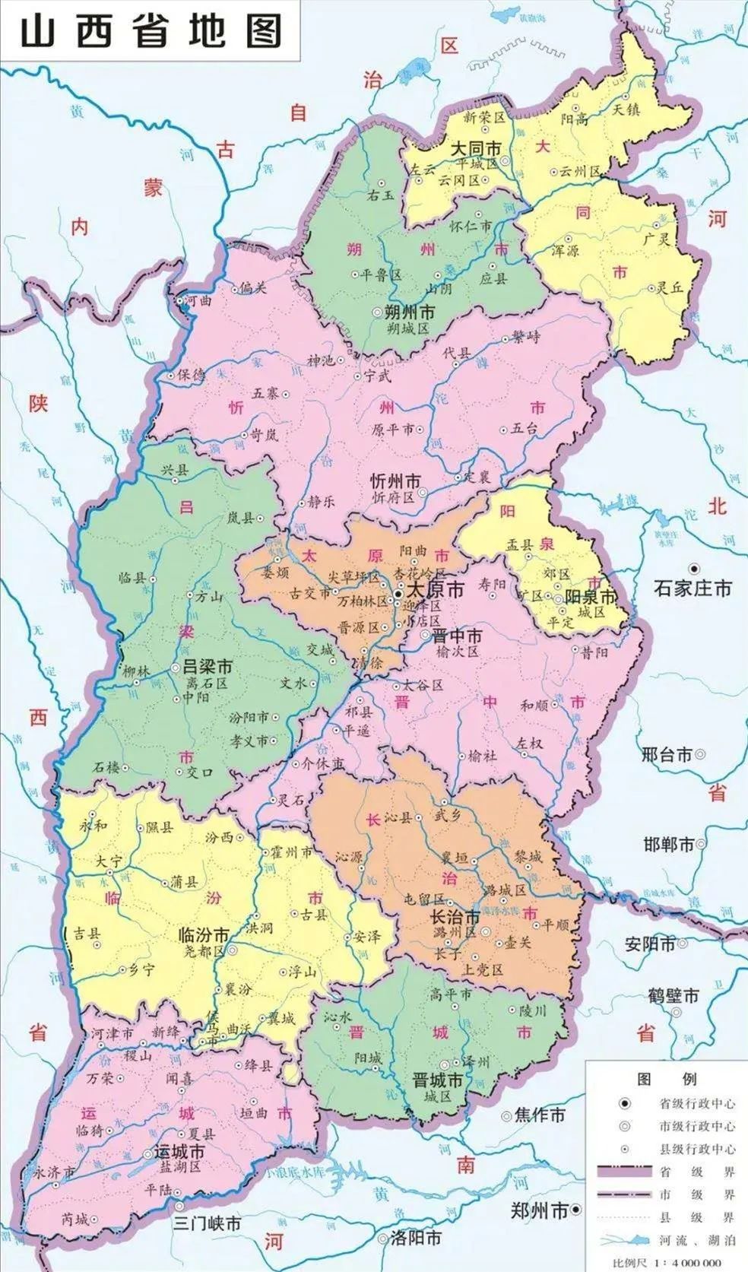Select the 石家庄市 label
pyautogui.click(x=693, y=588)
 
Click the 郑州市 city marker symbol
pyautogui.click(x=577, y=1208)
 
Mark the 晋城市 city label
pyautogui.click(x=437, y=1080)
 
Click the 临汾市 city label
pyautogui.click(x=202, y=934)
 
